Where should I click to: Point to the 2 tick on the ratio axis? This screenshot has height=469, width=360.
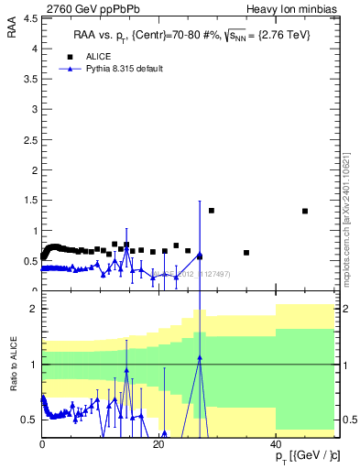(x=34, y=310)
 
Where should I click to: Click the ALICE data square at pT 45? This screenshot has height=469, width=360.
(x=305, y=212)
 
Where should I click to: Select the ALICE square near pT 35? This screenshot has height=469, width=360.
(x=246, y=253)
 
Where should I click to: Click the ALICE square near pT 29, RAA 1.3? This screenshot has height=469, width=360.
(x=212, y=211)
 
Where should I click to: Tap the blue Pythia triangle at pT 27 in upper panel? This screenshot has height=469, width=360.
(x=200, y=256)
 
